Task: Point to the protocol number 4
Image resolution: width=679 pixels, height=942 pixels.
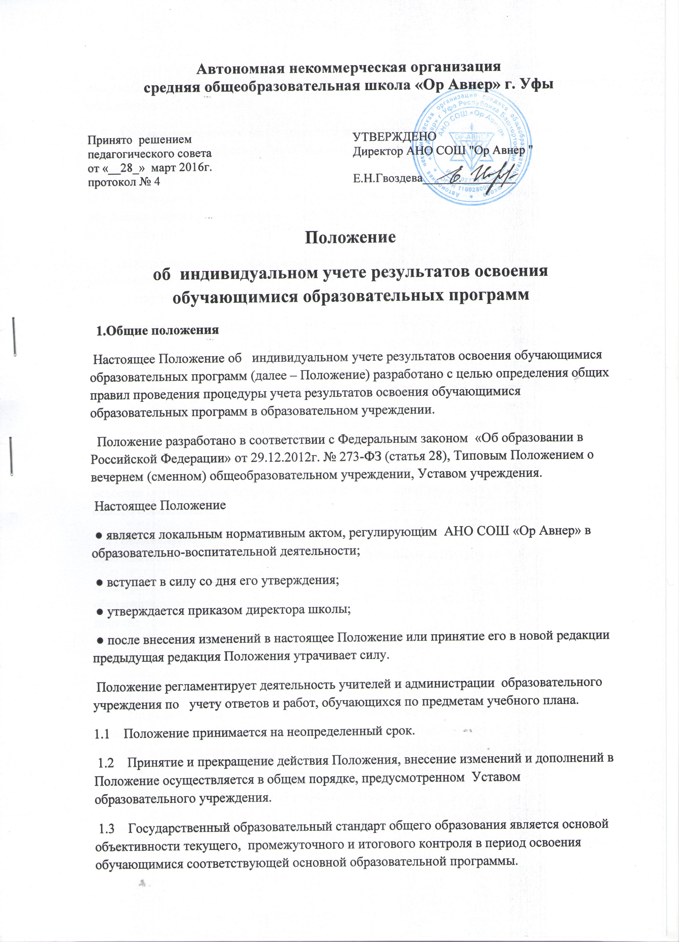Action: [157, 182]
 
